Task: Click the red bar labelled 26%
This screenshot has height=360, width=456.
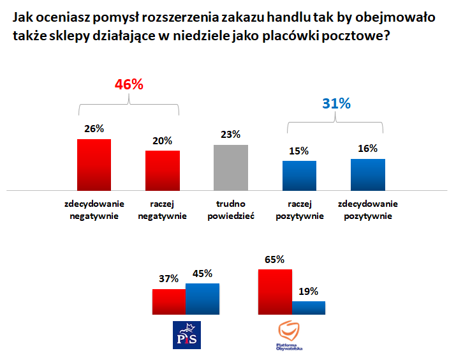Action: (x=94, y=165)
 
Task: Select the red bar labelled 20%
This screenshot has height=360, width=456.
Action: (x=163, y=170)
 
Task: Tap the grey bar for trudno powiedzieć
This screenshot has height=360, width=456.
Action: (x=231, y=167)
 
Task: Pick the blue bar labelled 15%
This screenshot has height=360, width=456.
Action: (x=299, y=176)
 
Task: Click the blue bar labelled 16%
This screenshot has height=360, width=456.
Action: (x=367, y=174)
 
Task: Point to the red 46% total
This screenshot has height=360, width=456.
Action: (x=129, y=84)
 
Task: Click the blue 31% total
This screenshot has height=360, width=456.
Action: (x=336, y=103)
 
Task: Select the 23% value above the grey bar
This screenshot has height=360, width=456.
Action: (x=231, y=134)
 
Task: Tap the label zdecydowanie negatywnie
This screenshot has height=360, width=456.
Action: (x=94, y=210)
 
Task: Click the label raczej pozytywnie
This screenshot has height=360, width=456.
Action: (x=299, y=210)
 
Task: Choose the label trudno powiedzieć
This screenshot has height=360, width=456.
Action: (x=231, y=210)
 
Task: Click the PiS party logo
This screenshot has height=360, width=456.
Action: (x=187, y=334)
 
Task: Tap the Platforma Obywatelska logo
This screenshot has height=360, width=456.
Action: (x=290, y=336)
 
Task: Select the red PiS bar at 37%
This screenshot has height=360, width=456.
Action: (x=169, y=299)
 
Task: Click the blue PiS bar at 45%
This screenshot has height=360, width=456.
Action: (x=202, y=297)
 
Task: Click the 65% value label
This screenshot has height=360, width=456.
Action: (x=274, y=259)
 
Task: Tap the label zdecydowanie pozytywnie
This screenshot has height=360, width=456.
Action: (x=367, y=210)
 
